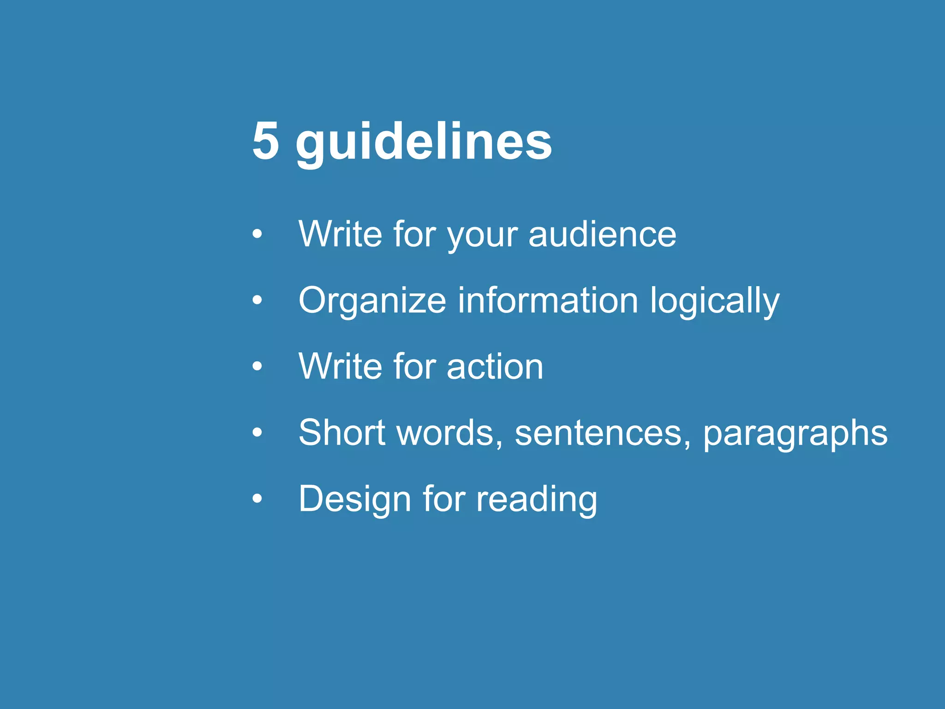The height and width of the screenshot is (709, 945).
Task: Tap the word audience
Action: coord(602,234)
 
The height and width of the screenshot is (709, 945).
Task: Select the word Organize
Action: coord(372,301)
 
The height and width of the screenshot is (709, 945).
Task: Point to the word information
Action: coord(548,300)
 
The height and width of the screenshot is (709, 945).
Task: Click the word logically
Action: coord(714,301)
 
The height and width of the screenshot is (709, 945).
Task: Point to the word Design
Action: coord(355,499)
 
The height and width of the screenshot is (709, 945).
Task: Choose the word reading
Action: coord(536,499)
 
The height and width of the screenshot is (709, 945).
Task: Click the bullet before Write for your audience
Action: coord(257,234)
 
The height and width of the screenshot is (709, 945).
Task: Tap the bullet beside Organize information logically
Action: coord(257,300)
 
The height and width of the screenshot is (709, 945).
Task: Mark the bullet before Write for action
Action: coord(257,367)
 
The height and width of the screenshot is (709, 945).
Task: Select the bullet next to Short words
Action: coord(257,433)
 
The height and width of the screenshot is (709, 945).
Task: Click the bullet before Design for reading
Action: coord(257,499)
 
